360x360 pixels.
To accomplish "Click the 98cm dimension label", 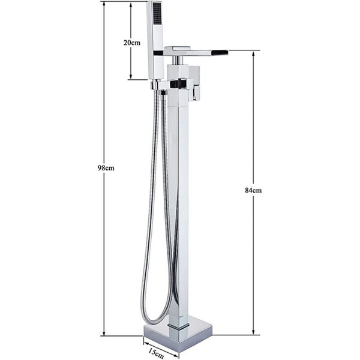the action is [106, 168].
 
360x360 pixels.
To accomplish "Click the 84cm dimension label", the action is [253, 190].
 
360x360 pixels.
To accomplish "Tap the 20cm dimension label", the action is [132, 43].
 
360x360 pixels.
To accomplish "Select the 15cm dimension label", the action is [156, 353].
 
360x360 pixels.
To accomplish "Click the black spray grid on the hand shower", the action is [157, 14].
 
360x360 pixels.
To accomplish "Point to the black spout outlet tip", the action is [220, 52].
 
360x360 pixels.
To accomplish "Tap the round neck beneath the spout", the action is [177, 60].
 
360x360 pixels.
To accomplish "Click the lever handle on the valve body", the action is [194, 83].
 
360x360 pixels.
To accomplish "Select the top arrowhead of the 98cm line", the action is [104, 4].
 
